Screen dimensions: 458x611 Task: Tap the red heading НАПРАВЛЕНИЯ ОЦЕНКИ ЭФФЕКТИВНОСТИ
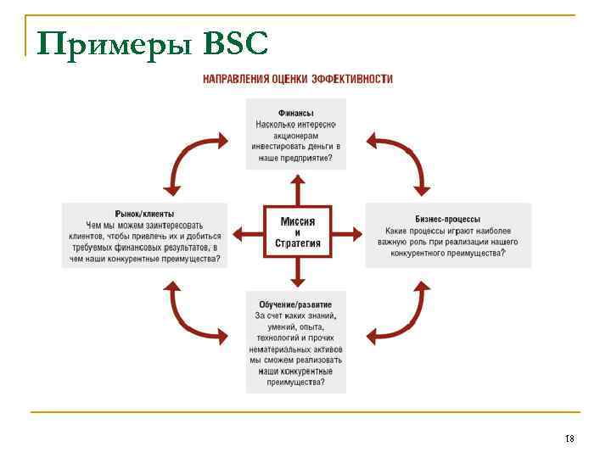pos(297,79)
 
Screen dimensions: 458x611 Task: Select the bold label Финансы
pos(296,113)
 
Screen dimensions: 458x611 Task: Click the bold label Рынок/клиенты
pos(144,214)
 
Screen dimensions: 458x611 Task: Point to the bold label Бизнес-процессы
pos(447,218)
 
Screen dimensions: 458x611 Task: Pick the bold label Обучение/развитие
pos(295,304)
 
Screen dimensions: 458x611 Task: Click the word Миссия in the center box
pos(297,221)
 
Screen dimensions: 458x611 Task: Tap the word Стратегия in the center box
pos(297,244)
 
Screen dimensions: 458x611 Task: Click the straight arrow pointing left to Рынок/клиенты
pos(248,232)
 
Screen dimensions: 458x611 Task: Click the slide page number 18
pos(569,438)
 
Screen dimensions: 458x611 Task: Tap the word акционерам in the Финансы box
pos(296,135)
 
